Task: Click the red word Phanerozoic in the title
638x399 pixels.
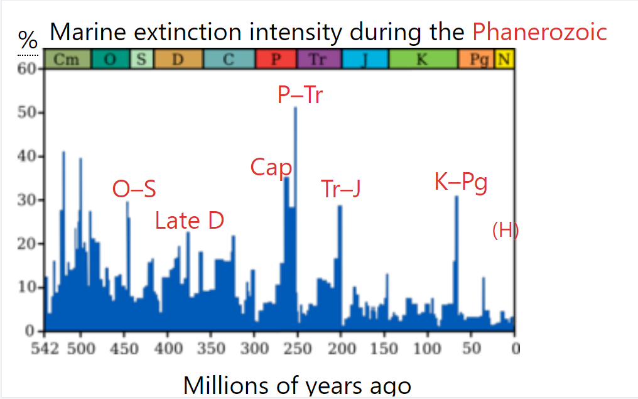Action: tap(540, 31)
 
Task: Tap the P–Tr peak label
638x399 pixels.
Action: tap(300, 96)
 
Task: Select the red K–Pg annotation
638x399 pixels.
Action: tap(461, 183)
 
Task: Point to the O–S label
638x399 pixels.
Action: tap(134, 189)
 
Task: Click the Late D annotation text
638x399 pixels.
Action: tap(190, 221)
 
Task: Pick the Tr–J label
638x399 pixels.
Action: tap(341, 189)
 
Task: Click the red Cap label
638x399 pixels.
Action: tap(271, 168)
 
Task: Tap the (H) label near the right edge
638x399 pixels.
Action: tap(506, 231)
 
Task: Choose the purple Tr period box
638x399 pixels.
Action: tap(318, 60)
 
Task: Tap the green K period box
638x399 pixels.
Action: tap(422, 60)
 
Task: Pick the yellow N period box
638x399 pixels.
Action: tap(504, 60)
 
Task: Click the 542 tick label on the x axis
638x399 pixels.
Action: tap(43, 349)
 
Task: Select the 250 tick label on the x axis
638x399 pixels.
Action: tap(296, 349)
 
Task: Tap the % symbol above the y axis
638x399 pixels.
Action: tap(28, 41)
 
